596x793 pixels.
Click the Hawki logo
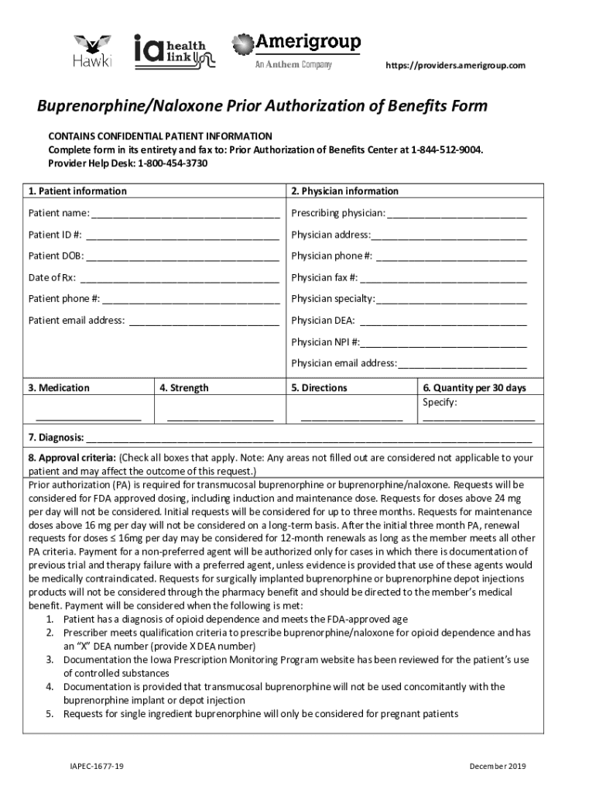(92, 51)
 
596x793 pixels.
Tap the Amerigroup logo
(296, 50)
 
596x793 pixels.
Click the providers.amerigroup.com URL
(455, 65)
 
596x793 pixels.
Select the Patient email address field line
(204, 321)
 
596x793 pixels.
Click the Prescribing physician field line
(456, 215)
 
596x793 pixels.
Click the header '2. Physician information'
(344, 191)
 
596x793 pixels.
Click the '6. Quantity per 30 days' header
(474, 388)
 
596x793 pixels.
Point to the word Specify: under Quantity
(440, 403)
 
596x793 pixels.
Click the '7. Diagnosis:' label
(57, 438)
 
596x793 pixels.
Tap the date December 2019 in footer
(497, 766)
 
